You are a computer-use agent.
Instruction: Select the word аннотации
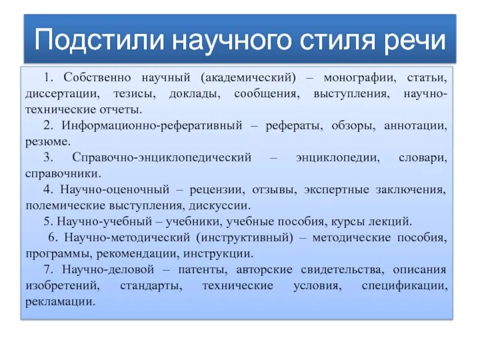413,126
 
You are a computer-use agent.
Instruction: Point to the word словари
422,158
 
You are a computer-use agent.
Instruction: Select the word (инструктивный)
253,237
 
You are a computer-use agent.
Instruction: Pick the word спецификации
404,285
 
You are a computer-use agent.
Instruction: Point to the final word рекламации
60,301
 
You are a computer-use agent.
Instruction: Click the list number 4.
47,190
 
